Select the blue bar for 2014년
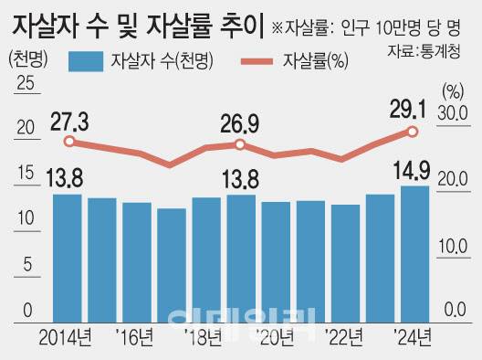pos(67,257)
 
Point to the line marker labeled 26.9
pos(240,144)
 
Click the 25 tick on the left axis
pos(25,85)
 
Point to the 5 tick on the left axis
pos(28,265)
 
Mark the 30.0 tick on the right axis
pos(455,113)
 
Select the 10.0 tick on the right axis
pos(455,246)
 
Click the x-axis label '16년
pos(138,338)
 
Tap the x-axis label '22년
pos(345,338)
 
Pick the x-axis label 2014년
pos(66,338)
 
